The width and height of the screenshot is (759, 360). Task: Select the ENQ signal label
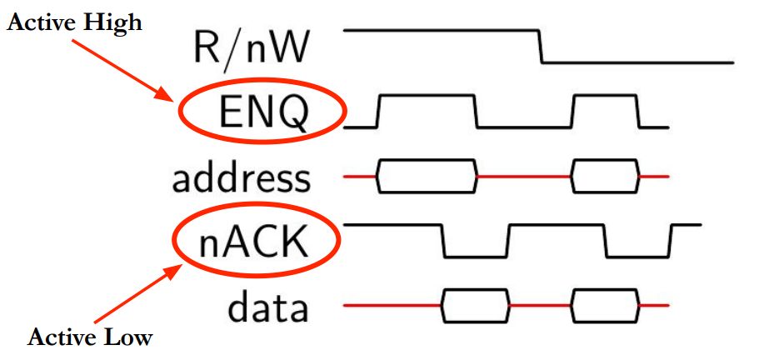pos(262,113)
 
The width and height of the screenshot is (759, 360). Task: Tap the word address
pos(242,177)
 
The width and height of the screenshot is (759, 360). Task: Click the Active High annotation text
pos(75,22)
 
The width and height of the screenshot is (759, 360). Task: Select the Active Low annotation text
pos(90,337)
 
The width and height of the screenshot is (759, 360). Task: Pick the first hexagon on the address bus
pos(427,176)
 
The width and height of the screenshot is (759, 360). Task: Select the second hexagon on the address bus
pos(606,176)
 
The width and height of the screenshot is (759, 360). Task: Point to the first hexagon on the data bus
pos(475,307)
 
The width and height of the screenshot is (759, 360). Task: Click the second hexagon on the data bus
pos(606,307)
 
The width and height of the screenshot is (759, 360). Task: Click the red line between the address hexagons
pos(525,176)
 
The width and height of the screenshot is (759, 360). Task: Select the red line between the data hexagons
pos(540,307)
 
